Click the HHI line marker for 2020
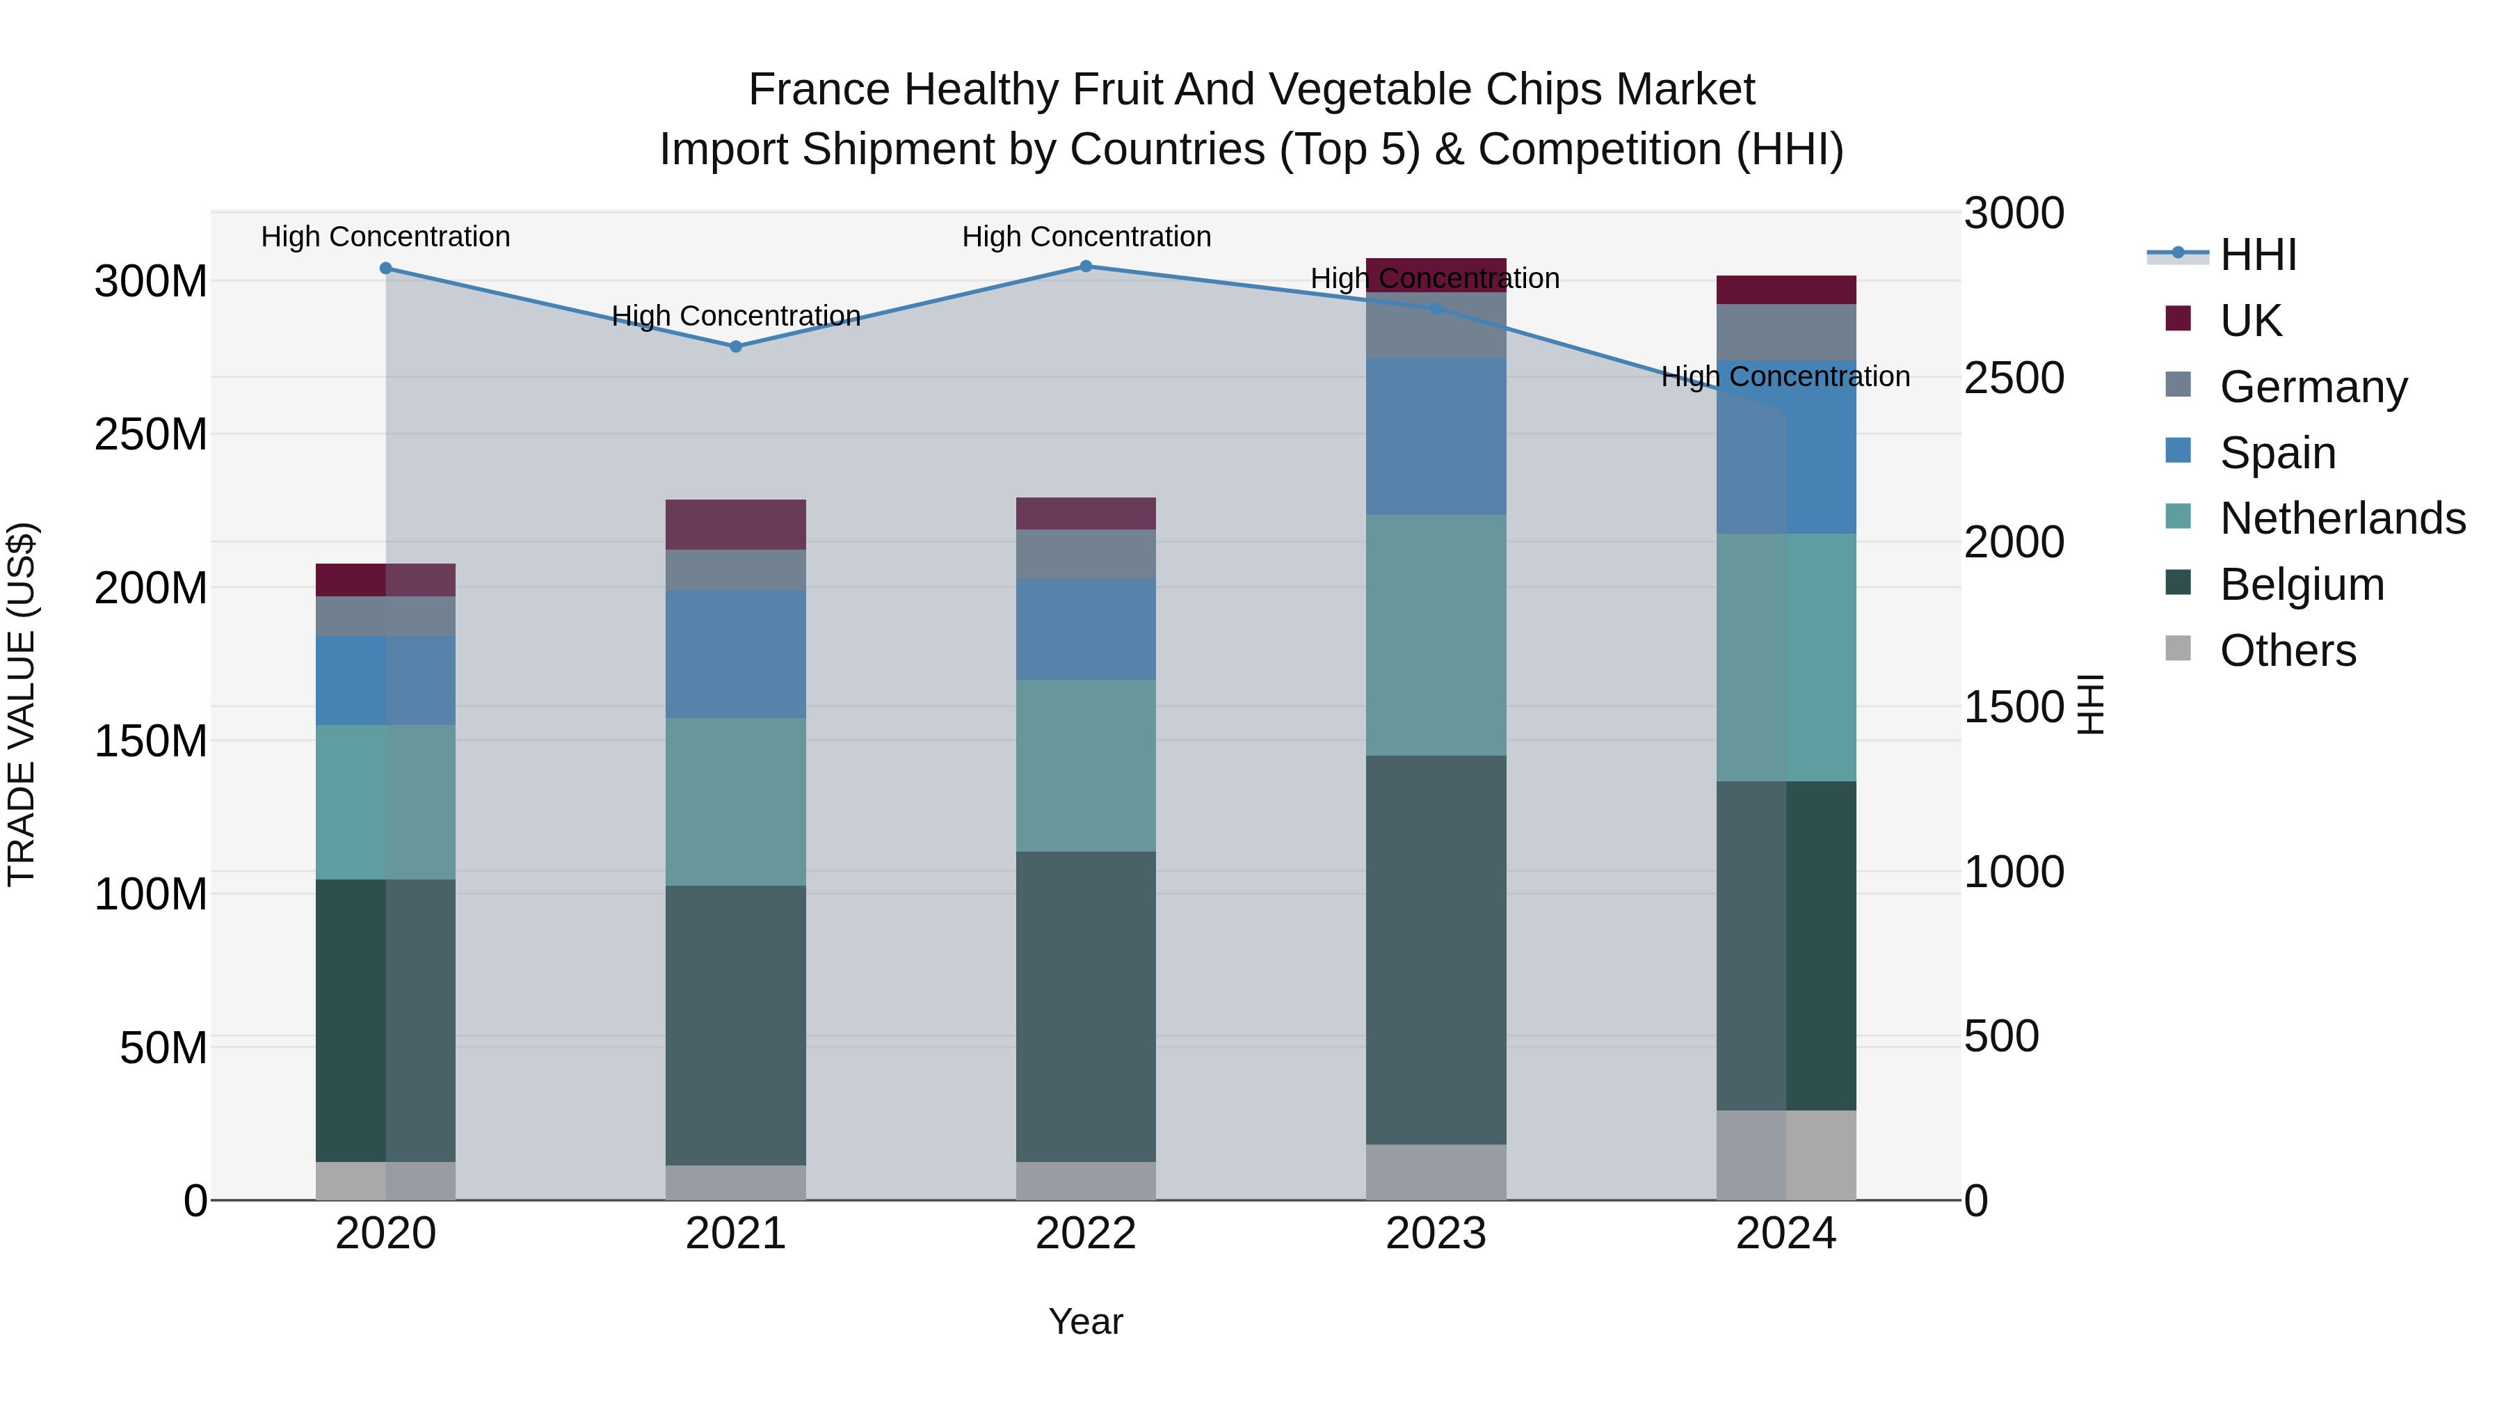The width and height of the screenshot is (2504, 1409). pyautogui.click(x=386, y=269)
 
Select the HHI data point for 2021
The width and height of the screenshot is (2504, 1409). pyautogui.click(x=736, y=347)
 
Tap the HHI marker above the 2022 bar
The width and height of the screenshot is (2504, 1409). pyautogui.click(x=1086, y=266)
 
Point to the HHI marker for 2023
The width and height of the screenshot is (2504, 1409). pyautogui.click(x=1436, y=308)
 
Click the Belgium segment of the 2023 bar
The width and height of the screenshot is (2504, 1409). pyautogui.click(x=1436, y=949)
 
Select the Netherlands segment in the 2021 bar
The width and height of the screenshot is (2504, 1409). pyautogui.click(x=736, y=802)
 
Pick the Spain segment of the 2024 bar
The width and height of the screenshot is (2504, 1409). pyautogui.click(x=1785, y=447)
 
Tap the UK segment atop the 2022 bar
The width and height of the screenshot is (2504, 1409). pyautogui.click(x=1086, y=514)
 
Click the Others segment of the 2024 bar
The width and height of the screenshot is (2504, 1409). pyautogui.click(x=1785, y=1155)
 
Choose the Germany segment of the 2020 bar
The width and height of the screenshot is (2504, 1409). pyautogui.click(x=386, y=616)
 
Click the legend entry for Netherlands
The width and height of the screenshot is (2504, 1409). pyautogui.click(x=2342, y=518)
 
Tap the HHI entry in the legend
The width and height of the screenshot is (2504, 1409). pyautogui.click(x=2257, y=255)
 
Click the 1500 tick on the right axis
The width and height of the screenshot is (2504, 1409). pyautogui.click(x=2013, y=707)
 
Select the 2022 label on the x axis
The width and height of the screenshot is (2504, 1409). pyautogui.click(x=1086, y=1234)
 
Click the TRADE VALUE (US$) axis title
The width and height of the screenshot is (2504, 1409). pyautogui.click(x=22, y=704)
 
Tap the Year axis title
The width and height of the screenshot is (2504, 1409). pyautogui.click(x=1086, y=1321)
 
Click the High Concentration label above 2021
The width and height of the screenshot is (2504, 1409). pyautogui.click(x=736, y=316)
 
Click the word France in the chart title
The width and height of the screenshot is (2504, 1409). pyautogui.click(x=819, y=90)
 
